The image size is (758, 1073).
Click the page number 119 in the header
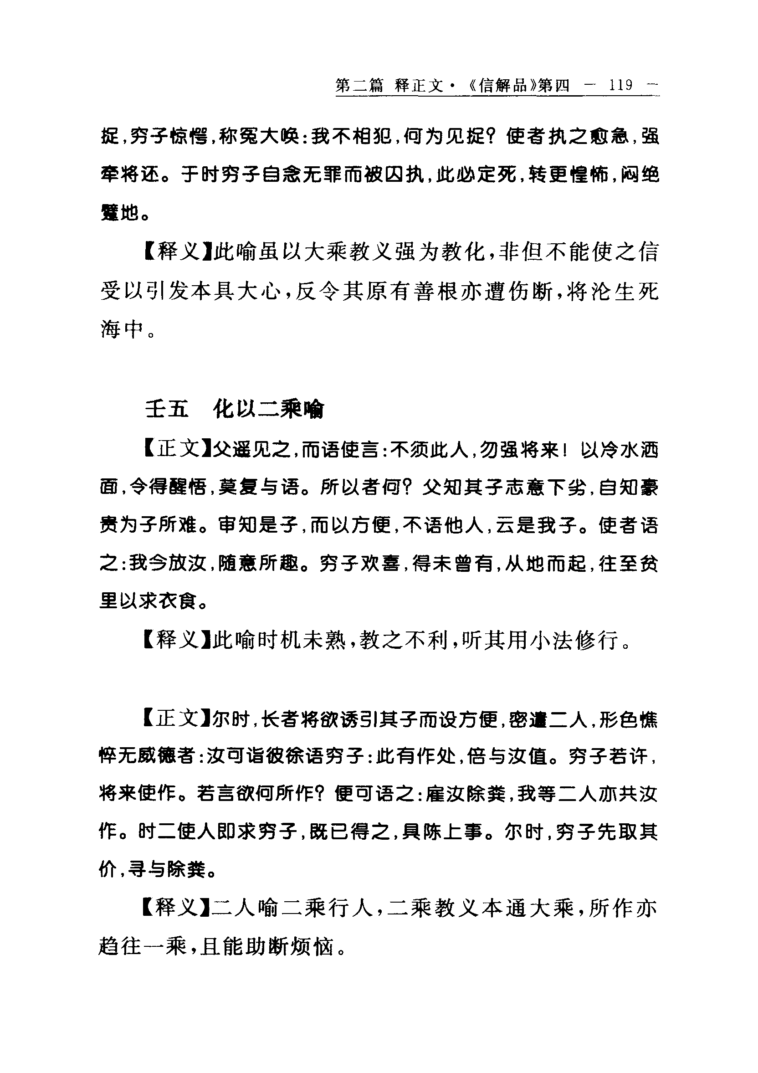(620, 85)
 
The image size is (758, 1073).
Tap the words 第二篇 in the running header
(359, 86)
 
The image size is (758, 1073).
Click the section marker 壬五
(167, 410)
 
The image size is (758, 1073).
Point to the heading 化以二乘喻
(268, 410)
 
